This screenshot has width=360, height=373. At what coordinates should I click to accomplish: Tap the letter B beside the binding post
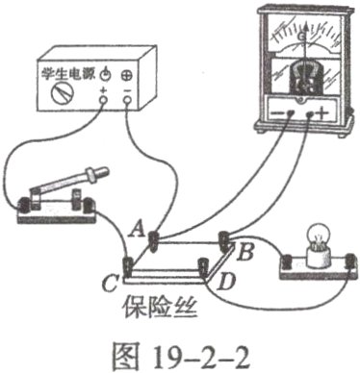pyautogui.click(x=245, y=253)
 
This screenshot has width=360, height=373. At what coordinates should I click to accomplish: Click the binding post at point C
pyautogui.click(x=127, y=263)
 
